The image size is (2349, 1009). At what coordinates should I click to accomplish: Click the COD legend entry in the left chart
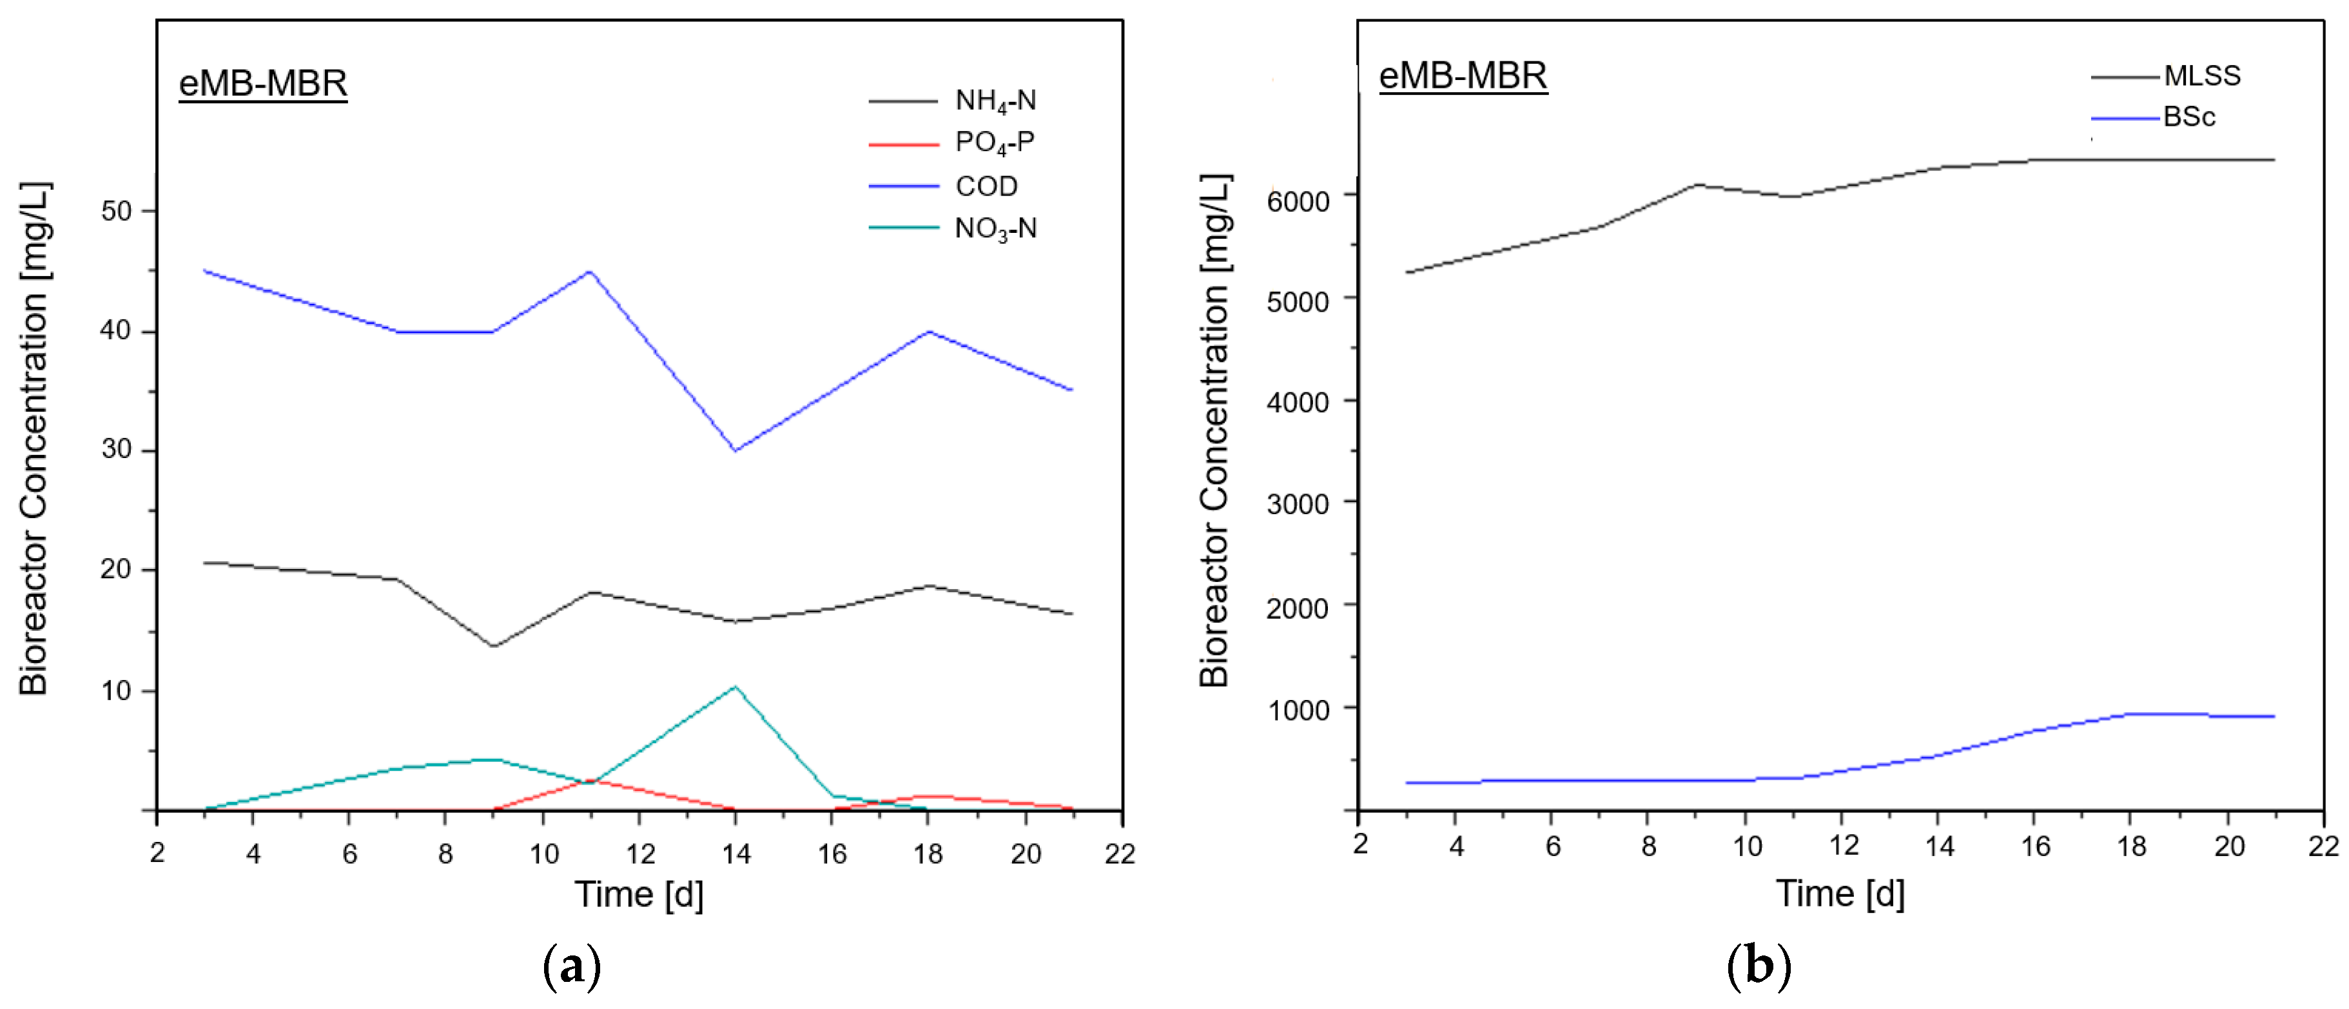pyautogui.click(x=986, y=186)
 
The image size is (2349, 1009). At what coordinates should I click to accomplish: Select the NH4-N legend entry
pyautogui.click(x=995, y=101)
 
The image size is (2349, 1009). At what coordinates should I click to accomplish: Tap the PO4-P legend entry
pyautogui.click(x=994, y=143)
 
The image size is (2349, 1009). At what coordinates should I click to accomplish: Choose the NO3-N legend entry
pyautogui.click(x=995, y=228)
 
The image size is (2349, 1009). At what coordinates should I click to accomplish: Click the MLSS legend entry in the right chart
pyautogui.click(x=2201, y=75)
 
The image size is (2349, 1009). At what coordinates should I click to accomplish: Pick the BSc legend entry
pyautogui.click(x=2188, y=117)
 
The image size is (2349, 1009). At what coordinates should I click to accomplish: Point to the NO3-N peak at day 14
pyautogui.click(x=735, y=687)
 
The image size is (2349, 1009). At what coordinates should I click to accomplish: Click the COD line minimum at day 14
pyautogui.click(x=735, y=450)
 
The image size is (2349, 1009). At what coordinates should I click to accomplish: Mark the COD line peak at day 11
pyautogui.click(x=590, y=272)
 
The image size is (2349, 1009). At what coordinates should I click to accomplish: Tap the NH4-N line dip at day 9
pyautogui.click(x=493, y=646)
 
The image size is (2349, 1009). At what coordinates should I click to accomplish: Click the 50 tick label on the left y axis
pyautogui.click(x=117, y=211)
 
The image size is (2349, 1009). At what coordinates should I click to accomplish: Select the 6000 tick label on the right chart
pyautogui.click(x=1298, y=201)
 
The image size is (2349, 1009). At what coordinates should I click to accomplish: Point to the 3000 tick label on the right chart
pyautogui.click(x=1298, y=504)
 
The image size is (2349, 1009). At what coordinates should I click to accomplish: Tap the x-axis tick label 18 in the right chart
pyautogui.click(x=2131, y=846)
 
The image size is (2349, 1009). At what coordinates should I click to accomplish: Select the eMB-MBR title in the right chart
pyautogui.click(x=1463, y=75)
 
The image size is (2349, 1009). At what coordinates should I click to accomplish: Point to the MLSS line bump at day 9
pyautogui.click(x=1698, y=185)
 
